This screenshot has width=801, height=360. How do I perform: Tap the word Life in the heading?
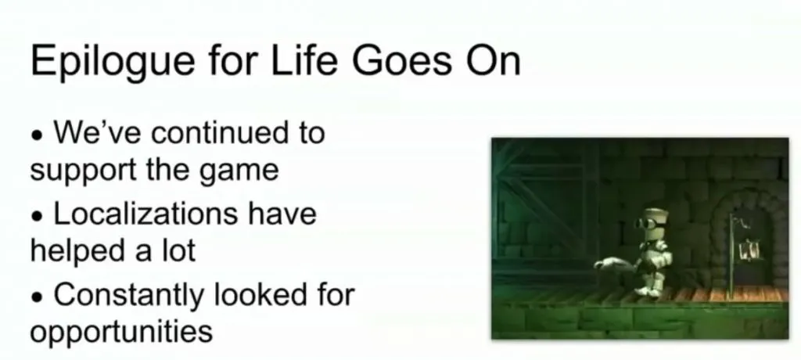(304, 59)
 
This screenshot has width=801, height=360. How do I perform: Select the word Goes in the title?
(401, 60)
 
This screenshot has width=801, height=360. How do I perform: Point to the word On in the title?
(493, 60)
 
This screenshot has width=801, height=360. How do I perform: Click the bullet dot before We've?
(37, 137)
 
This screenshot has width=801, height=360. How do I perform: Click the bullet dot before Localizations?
(37, 218)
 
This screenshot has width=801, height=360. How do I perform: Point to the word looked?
(257, 294)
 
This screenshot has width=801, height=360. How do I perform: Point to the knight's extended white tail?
(614, 264)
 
